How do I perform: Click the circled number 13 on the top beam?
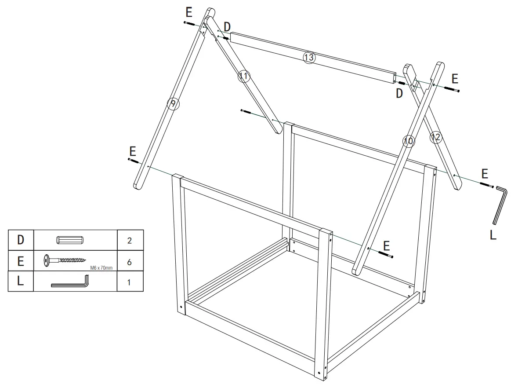click(x=309, y=57)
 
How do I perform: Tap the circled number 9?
click(x=173, y=104)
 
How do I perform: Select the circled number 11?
click(x=244, y=77)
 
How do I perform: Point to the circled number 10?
click(x=408, y=141)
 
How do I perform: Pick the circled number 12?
click(x=435, y=138)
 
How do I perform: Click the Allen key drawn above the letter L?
click(x=500, y=205)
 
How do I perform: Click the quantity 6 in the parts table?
click(x=129, y=262)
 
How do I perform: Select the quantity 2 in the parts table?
click(x=129, y=241)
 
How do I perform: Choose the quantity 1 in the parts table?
click(x=129, y=282)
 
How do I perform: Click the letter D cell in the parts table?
click(x=20, y=240)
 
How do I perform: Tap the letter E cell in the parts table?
click(x=20, y=261)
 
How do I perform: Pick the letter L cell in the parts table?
click(x=20, y=282)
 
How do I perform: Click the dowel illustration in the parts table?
click(x=69, y=240)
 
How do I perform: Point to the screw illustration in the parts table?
click(x=65, y=260)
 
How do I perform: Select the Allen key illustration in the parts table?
click(x=70, y=282)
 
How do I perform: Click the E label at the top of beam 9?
click(x=189, y=13)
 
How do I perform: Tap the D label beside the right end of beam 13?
click(x=399, y=93)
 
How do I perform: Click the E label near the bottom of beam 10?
click(x=387, y=245)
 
